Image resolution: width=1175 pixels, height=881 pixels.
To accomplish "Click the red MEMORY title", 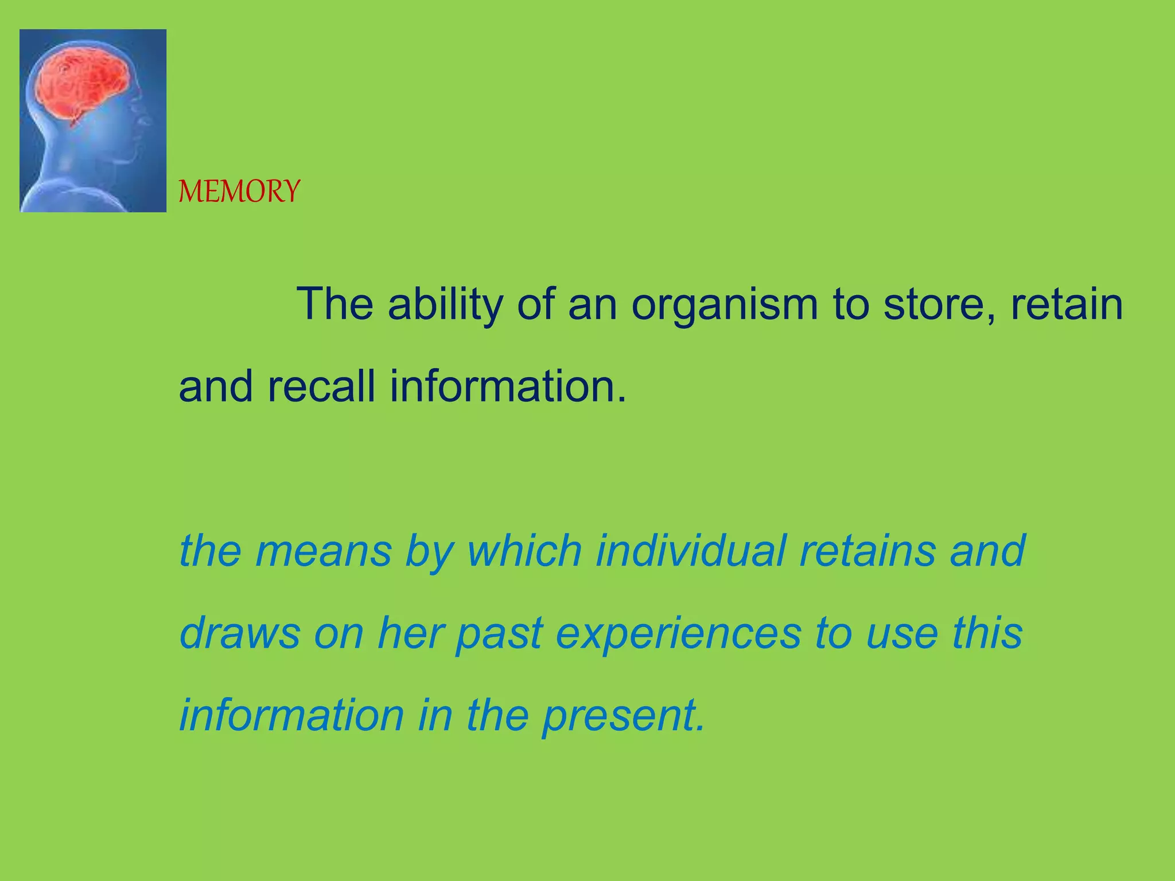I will [x=239, y=191].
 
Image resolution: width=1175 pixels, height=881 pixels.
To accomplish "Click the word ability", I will [x=445, y=304].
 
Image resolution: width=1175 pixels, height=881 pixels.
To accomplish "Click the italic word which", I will [x=524, y=551].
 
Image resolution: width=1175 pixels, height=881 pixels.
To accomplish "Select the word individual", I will [x=690, y=551].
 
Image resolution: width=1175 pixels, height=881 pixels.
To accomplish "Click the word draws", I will [x=240, y=633].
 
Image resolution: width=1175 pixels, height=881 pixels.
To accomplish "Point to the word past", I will [x=499, y=634].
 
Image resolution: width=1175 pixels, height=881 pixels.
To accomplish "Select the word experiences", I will [x=679, y=634].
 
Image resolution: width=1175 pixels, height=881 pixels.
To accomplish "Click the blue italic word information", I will [x=292, y=715].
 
